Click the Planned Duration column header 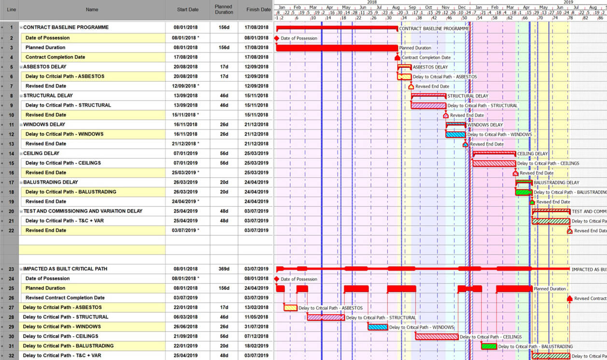pyautogui.click(x=224, y=9)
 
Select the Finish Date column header pyautogui.click(x=258, y=9)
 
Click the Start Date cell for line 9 pyautogui.click(x=187, y=105)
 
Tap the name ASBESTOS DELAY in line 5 pyautogui.click(x=45, y=67)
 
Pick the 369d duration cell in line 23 pyautogui.click(x=224, y=269)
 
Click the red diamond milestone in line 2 pyautogui.click(x=277, y=38)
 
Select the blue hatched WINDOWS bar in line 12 pyautogui.click(x=456, y=134)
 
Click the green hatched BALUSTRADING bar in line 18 pyautogui.click(x=523, y=192)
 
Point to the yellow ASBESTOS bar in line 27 pyautogui.click(x=290, y=308)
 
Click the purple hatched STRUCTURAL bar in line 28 pyautogui.click(x=326, y=317)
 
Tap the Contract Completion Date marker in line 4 pyautogui.click(x=397, y=58)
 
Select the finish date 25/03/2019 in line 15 pyautogui.click(x=257, y=163)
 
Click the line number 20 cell pyautogui.click(x=11, y=211)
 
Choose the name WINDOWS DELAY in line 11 pyautogui.click(x=44, y=125)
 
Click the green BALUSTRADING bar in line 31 pyautogui.click(x=489, y=346)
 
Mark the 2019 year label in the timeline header pyautogui.click(x=568, y=2)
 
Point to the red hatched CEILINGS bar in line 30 pyautogui.click(x=437, y=337)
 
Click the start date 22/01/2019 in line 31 pyautogui.click(x=185, y=346)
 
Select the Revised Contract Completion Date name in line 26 pyautogui.click(x=65, y=298)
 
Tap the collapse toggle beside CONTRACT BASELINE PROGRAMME pyautogui.click(x=21, y=28)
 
